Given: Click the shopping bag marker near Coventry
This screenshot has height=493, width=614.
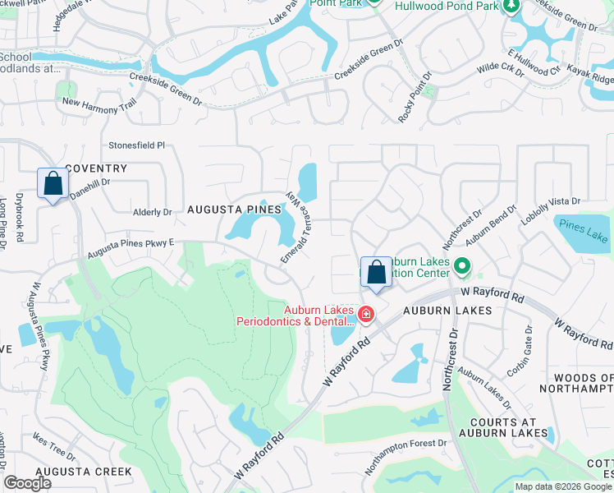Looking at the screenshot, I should coord(53,184).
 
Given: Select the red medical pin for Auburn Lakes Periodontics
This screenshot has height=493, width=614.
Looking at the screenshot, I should coord(365,315).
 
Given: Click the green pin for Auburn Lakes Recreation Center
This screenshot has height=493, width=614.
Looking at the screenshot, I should coord(461,267).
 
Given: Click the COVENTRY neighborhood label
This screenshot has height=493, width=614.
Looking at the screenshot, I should coord(96,168).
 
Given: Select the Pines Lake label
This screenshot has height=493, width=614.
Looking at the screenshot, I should coord(582,224).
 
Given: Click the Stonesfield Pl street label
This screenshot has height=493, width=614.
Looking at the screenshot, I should coord(137,145).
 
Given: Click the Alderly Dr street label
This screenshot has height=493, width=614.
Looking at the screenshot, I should coord(152,211).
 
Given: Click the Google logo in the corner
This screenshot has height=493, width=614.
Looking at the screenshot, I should coord(27,483).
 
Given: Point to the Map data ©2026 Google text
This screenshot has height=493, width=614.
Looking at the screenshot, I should coord(562,486).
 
